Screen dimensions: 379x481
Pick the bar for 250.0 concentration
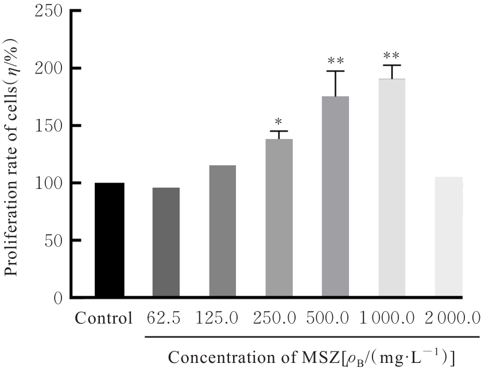tap(279, 218)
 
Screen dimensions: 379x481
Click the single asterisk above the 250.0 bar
tap(278, 122)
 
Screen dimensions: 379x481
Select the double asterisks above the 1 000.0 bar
tap(391, 56)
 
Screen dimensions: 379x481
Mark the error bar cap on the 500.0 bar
tap(335, 71)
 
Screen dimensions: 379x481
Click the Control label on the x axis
tap(104, 318)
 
